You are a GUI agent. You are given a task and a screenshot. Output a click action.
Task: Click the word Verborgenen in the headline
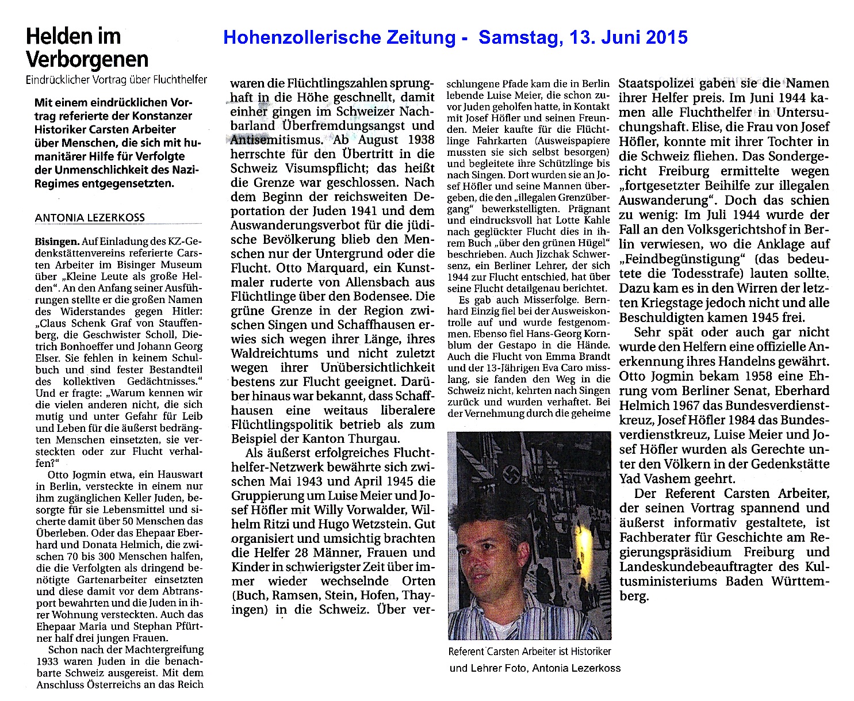[87, 59]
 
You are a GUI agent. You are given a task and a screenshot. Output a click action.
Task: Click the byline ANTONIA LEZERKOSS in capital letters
[90, 217]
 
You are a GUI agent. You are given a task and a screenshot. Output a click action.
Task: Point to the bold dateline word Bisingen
[56, 242]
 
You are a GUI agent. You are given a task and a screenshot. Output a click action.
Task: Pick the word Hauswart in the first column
[179, 474]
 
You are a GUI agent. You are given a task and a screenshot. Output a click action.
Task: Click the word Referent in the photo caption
[466, 652]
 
